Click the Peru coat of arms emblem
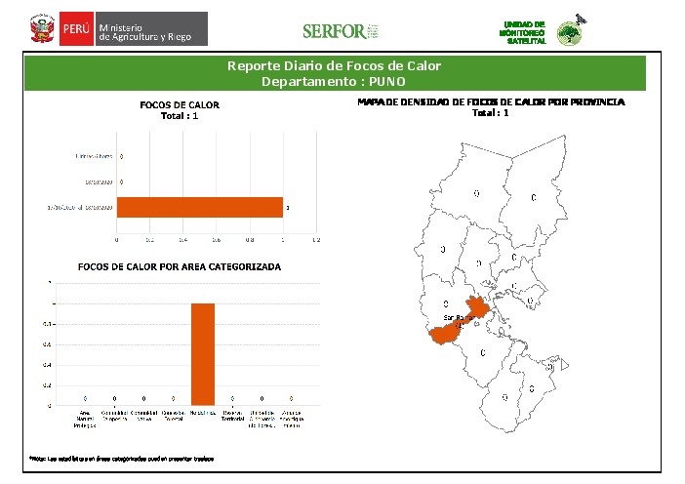point(42,30)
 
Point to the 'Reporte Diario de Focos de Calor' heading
point(334,66)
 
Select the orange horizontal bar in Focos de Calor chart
point(199,208)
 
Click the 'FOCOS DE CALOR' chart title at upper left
point(180,104)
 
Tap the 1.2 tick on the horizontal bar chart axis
point(315,238)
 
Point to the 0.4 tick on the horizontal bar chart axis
point(182,238)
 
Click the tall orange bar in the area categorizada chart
point(202,353)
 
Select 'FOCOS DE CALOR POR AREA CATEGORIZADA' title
point(180,266)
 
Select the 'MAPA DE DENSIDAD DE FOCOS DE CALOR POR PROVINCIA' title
point(490,101)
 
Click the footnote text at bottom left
point(121,458)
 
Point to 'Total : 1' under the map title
point(490,112)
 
